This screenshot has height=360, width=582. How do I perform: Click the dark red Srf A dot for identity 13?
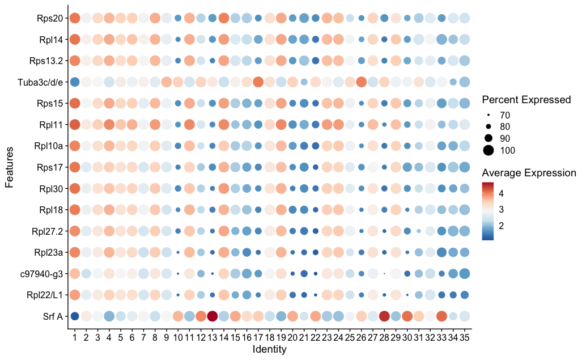point(213,316)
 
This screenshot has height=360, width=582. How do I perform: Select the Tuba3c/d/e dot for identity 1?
point(74,82)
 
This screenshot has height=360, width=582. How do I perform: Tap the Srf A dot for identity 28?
point(384,316)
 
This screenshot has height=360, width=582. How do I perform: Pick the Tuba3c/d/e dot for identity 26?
point(361,82)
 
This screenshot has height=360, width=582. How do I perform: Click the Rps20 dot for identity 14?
point(223,19)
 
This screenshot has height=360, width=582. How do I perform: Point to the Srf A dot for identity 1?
point(74,316)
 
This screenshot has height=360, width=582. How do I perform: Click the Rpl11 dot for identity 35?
point(465,124)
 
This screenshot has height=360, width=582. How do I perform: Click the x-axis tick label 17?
point(258,338)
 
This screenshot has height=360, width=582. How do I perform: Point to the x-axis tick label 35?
point(465,338)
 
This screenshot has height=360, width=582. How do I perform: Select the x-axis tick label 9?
point(166,338)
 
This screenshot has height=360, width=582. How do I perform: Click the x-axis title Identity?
point(269,350)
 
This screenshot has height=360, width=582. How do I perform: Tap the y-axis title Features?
point(9,167)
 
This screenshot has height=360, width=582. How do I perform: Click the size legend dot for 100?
point(488,150)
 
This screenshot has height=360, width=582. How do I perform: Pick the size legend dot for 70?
point(488,115)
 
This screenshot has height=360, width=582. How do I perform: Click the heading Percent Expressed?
point(526,100)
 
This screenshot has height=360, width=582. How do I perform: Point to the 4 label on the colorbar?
point(501,193)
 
